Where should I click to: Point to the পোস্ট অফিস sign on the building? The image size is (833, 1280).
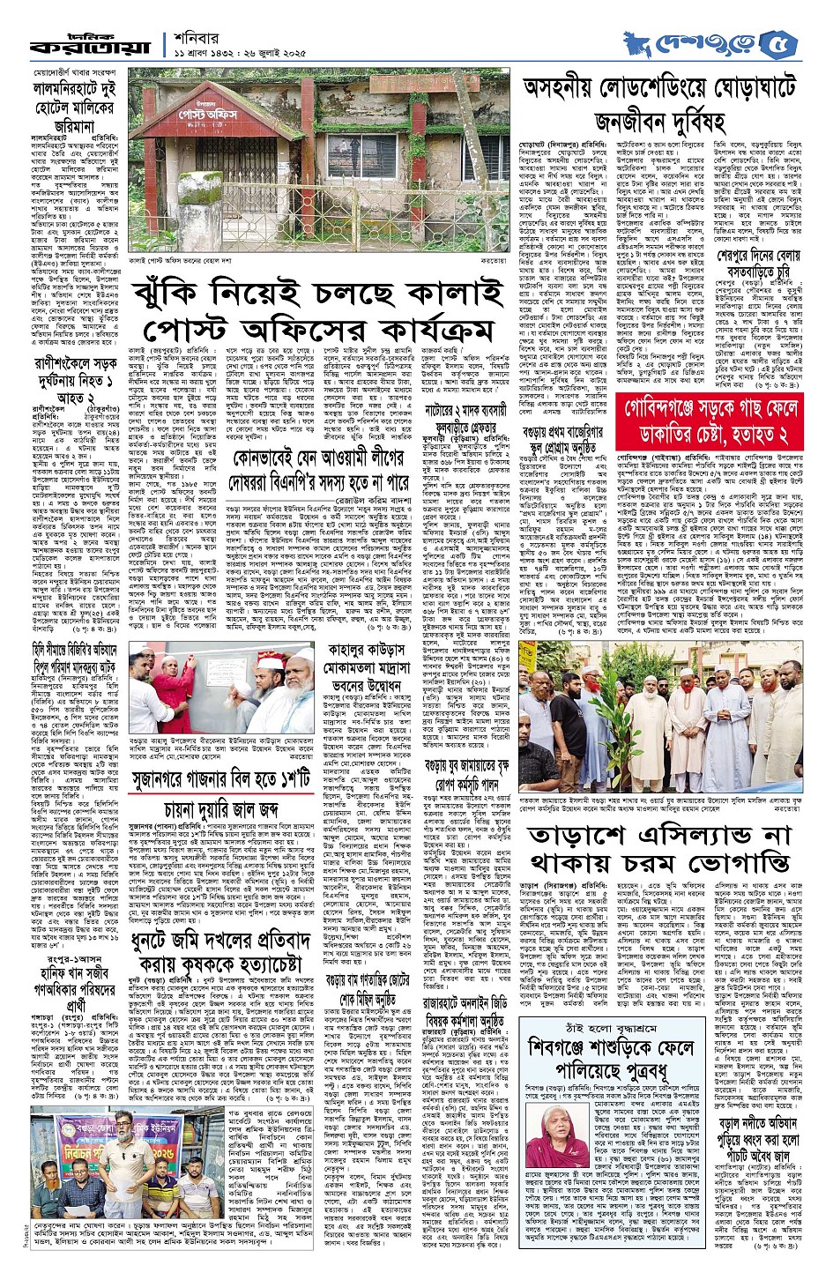pyautogui.click(x=192, y=115)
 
